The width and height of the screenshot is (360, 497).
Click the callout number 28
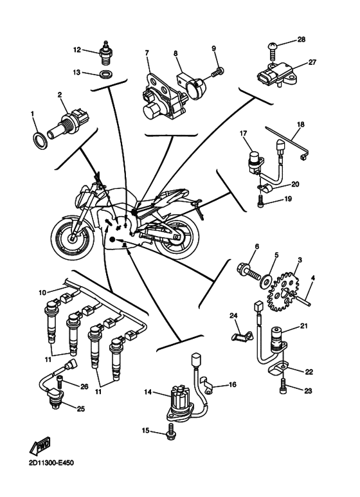[301, 40]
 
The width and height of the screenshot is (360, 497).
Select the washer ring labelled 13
[104, 74]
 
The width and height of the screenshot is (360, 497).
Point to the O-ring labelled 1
[40, 140]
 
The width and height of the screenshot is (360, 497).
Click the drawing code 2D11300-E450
[51, 463]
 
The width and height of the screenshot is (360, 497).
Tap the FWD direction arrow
[40, 445]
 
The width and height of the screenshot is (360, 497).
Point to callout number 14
[148, 392]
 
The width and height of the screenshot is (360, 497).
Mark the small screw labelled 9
[217, 71]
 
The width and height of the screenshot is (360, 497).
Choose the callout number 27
[312, 62]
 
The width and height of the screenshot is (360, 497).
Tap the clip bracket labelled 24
[242, 336]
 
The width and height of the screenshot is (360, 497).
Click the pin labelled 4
[303, 300]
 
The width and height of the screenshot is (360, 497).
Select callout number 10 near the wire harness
[42, 293]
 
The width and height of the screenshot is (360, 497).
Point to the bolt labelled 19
[260, 201]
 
